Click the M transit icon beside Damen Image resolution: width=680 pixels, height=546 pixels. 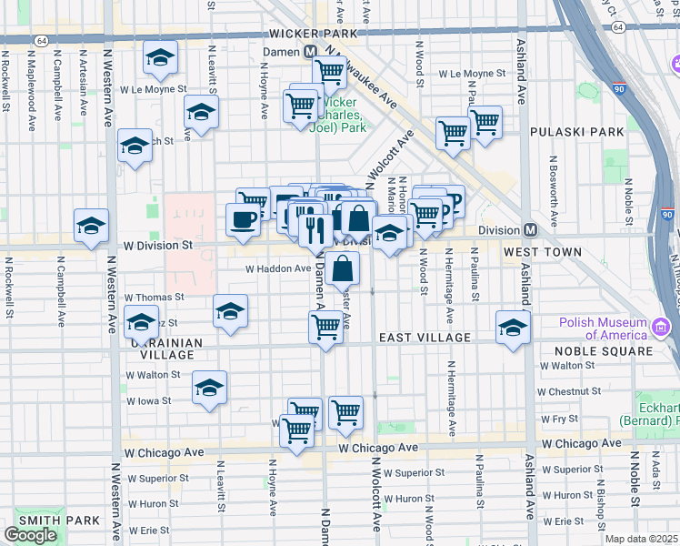click(310, 53)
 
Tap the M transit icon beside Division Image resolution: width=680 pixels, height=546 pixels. click(529, 229)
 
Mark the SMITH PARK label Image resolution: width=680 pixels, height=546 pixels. click(45, 521)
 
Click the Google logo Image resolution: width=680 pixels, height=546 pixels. click(30, 535)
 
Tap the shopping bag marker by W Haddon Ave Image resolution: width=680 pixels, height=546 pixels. click(344, 268)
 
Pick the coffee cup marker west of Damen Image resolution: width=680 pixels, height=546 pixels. click(243, 220)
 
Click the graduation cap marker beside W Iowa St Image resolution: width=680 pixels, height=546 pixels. click(209, 389)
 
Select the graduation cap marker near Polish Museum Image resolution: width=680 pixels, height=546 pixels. click(513, 327)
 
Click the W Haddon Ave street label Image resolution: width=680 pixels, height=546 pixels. click(278, 268)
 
